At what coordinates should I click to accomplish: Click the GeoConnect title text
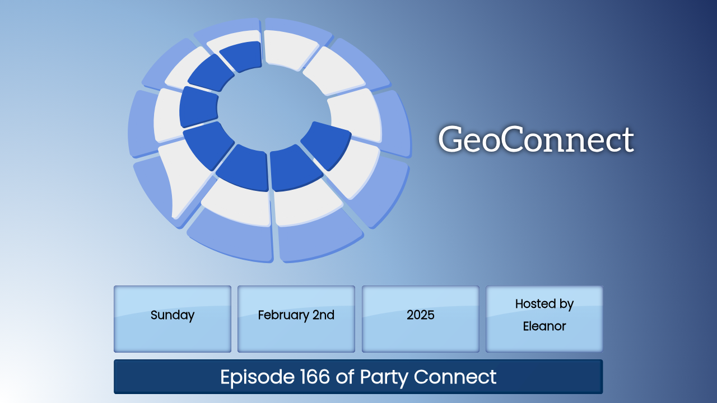pyautogui.click(x=536, y=139)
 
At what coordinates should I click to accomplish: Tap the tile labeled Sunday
pyautogui.click(x=173, y=319)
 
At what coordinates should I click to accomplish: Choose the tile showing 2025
pyautogui.click(x=421, y=319)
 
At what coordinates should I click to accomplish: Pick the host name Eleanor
pyautogui.click(x=544, y=326)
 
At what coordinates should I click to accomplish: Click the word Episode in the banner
pyautogui.click(x=257, y=377)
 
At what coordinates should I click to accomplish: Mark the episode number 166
pyautogui.click(x=315, y=377)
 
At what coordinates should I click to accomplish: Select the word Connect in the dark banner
pyautogui.click(x=455, y=377)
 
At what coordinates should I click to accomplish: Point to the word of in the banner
pyautogui.click(x=344, y=376)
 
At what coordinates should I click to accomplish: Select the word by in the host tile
pyautogui.click(x=566, y=304)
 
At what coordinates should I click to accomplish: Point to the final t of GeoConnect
pyautogui.click(x=628, y=140)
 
